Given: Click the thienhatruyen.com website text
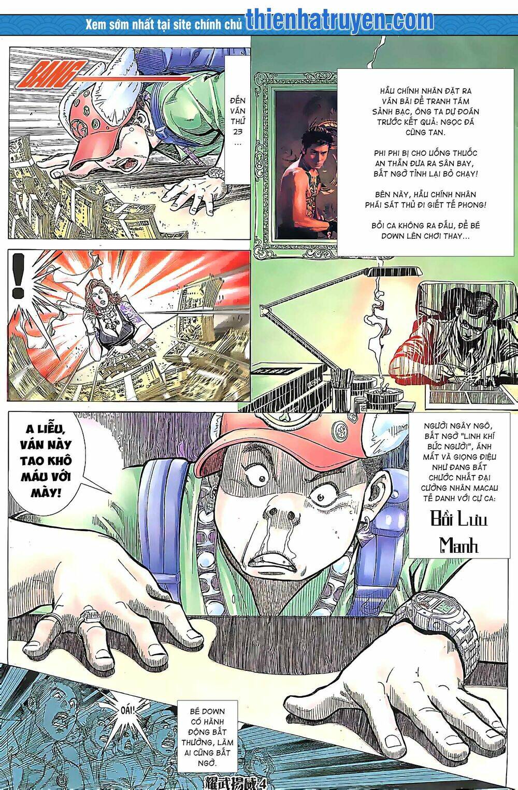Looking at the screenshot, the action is (x=340, y=20).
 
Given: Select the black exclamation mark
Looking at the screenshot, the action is (x=17, y=275).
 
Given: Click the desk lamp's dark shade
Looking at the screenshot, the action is (x=394, y=271).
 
